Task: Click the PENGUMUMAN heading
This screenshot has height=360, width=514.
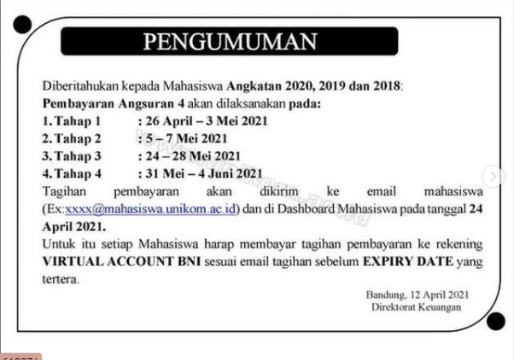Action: (x=228, y=42)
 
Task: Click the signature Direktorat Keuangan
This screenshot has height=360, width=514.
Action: (x=417, y=307)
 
